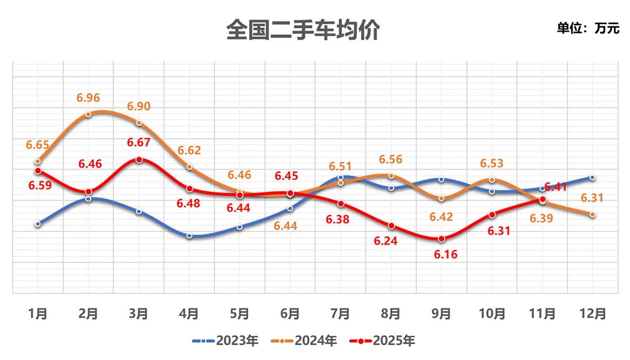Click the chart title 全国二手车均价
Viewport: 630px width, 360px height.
pos(303,30)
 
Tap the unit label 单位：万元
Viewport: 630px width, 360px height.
pos(588,28)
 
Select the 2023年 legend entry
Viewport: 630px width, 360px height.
pos(226,341)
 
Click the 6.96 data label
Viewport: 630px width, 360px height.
pos(88,98)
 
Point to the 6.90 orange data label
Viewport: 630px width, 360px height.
pos(139,107)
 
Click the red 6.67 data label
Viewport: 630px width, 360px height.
pos(139,142)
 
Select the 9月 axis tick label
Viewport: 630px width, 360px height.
pos(442,314)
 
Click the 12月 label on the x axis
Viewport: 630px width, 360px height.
pos(593,314)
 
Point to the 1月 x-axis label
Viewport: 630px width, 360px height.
pos(38,314)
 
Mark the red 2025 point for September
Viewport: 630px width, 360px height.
pos(442,239)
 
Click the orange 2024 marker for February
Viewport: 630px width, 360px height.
pos(88,114)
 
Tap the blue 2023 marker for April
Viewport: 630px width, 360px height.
pos(189,236)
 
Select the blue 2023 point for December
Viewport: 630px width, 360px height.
pos(593,177)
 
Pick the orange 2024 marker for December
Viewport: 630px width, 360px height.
pos(593,215)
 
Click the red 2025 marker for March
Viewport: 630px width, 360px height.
pos(139,160)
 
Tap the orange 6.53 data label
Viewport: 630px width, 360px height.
pos(492,164)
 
